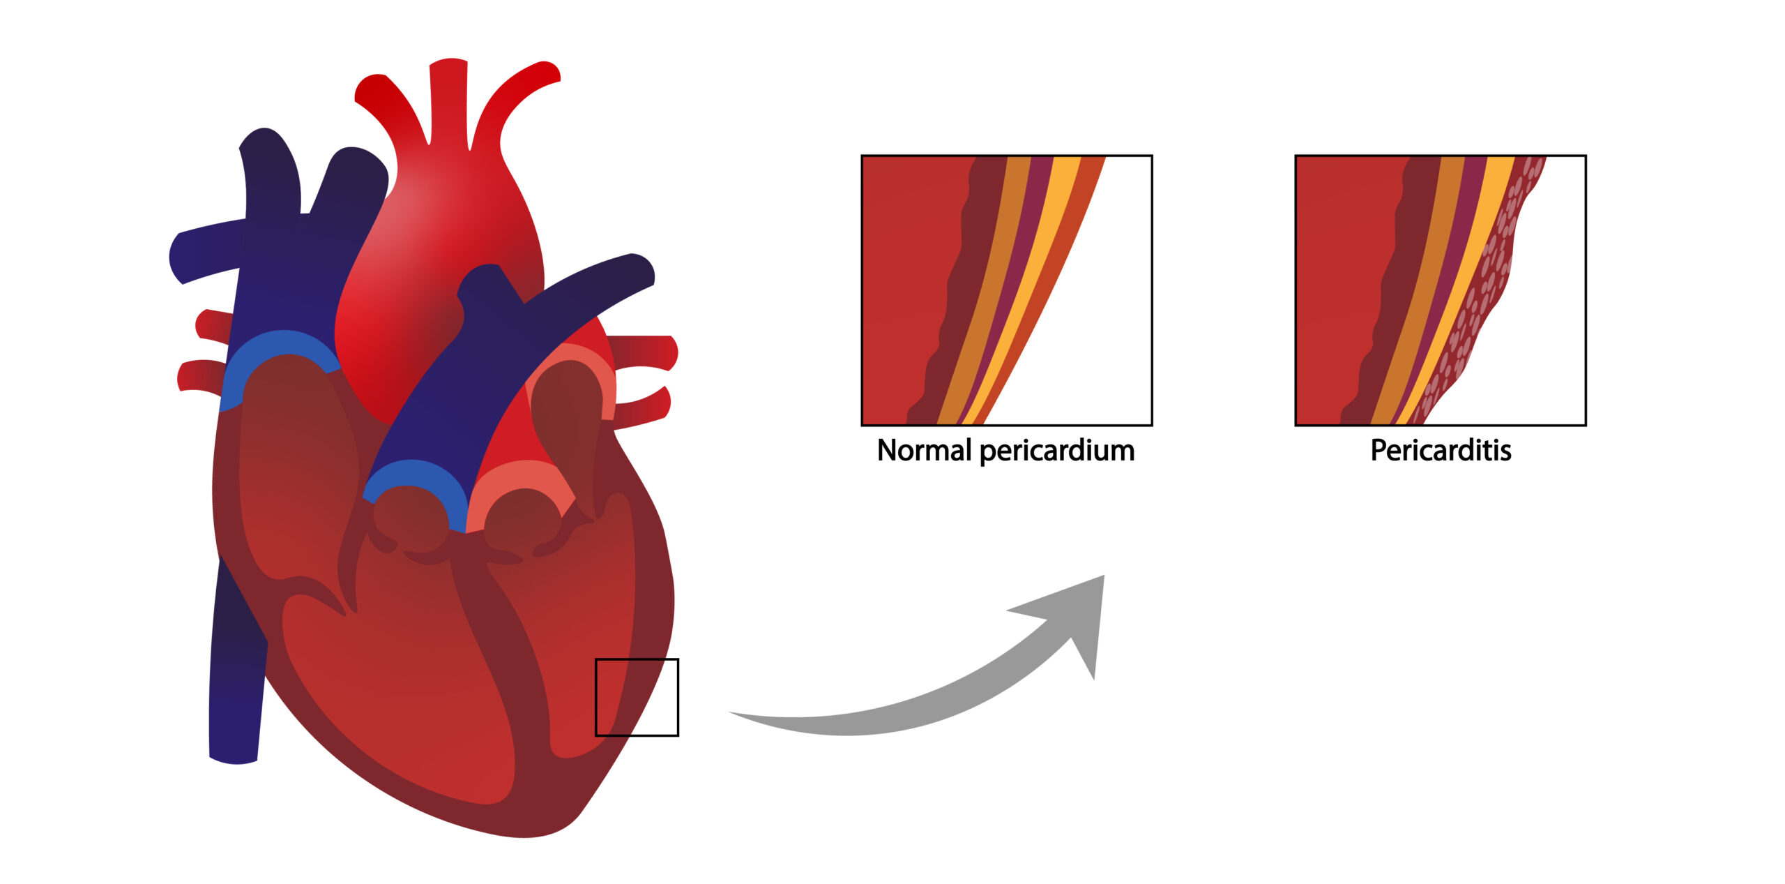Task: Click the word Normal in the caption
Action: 925,450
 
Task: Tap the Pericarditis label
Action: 1441,450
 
